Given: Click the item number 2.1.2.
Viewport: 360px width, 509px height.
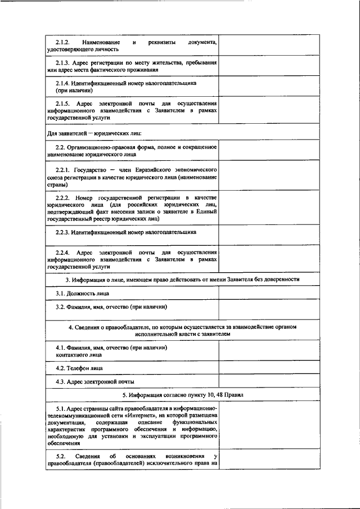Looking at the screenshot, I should (x=61, y=43).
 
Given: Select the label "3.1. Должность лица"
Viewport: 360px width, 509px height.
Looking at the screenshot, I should (x=79, y=294).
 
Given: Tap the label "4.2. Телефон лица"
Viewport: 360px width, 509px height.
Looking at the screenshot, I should (x=79, y=368).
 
